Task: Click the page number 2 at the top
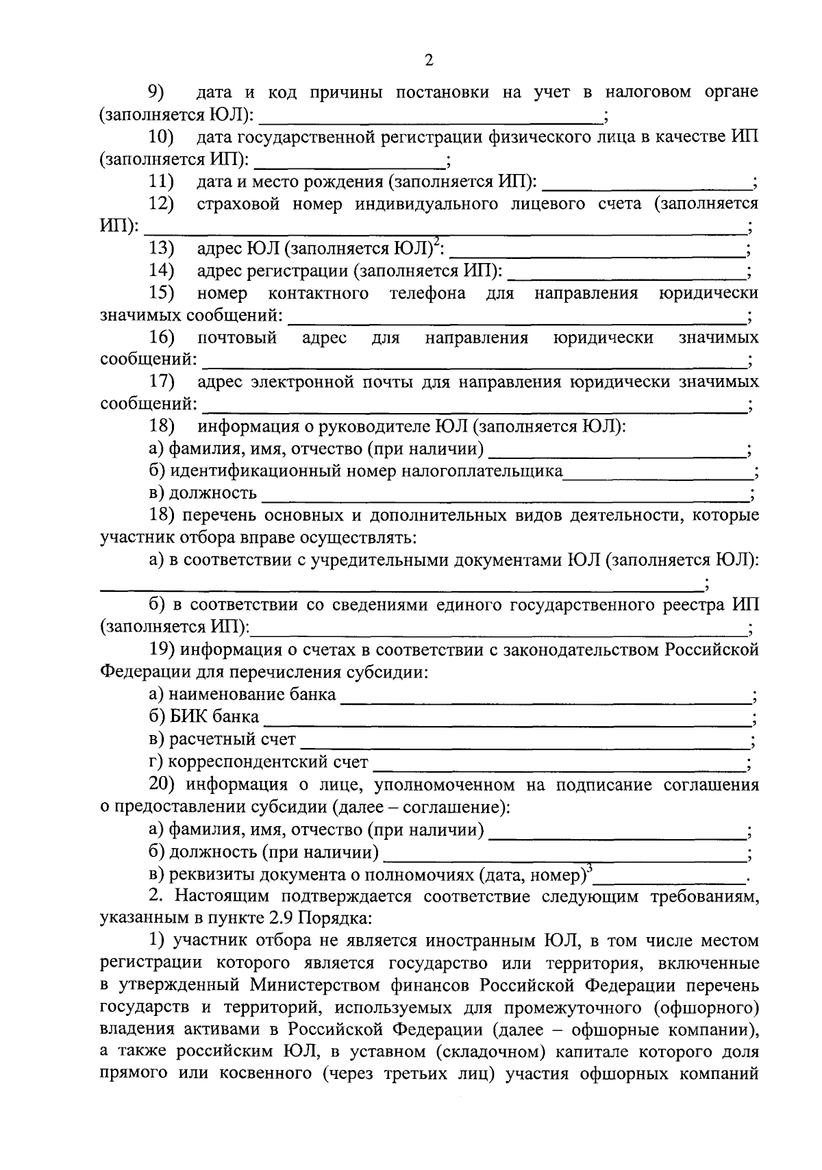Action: (x=429, y=61)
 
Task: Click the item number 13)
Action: (x=162, y=249)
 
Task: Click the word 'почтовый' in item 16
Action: (x=237, y=338)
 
